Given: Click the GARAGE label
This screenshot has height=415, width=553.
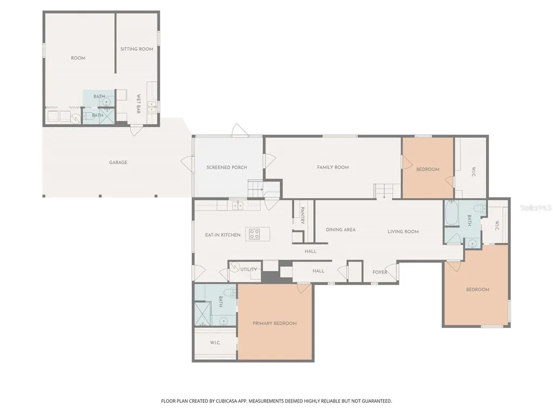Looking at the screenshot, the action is tap(118, 162).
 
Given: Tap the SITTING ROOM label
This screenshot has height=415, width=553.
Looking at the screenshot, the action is tap(137, 49).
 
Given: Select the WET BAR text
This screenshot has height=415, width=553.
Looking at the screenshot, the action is tap(138, 104).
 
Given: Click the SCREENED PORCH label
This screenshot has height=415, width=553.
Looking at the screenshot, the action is tap(227, 168).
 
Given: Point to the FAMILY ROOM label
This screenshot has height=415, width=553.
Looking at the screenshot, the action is tap(333, 168).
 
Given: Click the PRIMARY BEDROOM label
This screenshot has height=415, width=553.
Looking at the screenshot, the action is tap(275, 323).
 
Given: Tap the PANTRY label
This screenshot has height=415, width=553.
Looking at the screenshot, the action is tap(302, 216).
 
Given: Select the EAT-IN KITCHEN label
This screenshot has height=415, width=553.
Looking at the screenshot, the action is tap(223, 235).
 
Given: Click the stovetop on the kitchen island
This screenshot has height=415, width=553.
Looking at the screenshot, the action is tap(255, 234).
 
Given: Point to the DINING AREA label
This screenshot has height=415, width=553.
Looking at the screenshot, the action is tap(341, 229).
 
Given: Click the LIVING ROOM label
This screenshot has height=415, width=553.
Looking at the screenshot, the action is tap(403, 231).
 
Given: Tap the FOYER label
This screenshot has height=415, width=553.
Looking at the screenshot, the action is tap(380, 272).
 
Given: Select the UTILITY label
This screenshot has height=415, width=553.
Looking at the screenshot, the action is tap(248, 269).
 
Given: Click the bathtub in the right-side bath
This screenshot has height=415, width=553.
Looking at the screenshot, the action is tap(451, 213).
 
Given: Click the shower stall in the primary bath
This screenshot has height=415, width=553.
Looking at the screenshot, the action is tap(202, 313).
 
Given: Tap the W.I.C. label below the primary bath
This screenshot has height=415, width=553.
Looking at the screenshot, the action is tap(215, 343).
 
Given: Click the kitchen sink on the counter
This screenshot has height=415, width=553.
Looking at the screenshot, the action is tap(238, 205).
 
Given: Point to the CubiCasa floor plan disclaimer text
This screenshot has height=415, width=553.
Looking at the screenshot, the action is tap(276, 401).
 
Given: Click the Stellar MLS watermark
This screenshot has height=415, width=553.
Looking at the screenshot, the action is tap(536, 208).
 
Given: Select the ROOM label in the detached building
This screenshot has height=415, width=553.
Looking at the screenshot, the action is tap(78, 58).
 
